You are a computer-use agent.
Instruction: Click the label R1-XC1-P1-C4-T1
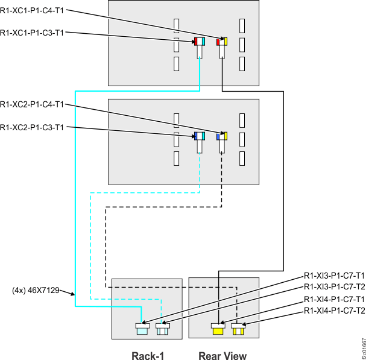(32, 11)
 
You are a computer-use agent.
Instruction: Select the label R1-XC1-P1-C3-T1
(32, 33)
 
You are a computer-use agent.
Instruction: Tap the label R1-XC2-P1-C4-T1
(32, 105)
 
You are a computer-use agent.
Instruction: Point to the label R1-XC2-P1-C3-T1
(32, 127)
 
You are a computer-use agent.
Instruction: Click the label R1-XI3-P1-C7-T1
(335, 274)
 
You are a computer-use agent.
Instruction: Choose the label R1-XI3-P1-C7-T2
(335, 286)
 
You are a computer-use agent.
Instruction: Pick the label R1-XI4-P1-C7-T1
(335, 299)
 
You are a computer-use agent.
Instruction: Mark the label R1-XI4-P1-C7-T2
(335, 311)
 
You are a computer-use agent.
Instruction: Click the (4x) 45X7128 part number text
(36, 290)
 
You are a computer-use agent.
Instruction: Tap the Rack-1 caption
(148, 355)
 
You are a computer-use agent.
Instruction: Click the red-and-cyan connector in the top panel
(200, 42)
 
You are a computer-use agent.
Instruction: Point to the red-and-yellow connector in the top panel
(221, 42)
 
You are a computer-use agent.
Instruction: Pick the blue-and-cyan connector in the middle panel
(200, 136)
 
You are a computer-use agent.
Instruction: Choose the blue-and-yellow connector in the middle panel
(221, 136)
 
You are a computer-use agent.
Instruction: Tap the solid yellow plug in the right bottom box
(217, 329)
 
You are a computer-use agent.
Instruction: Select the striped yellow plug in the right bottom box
(238, 329)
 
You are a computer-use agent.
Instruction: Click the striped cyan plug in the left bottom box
(161, 329)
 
